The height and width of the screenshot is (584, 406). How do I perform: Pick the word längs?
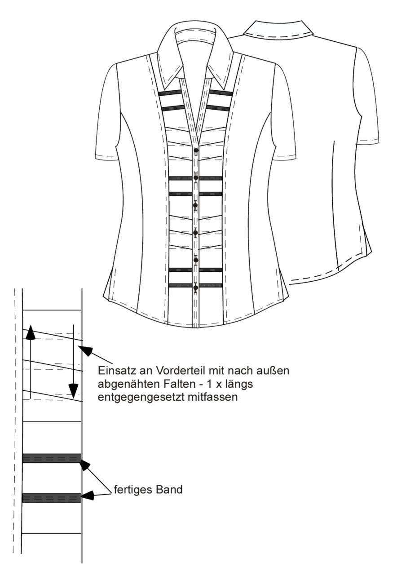pos(238,385)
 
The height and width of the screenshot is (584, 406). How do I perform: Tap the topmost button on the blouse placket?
pos(196,150)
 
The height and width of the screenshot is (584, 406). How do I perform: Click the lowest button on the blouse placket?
pos(196,288)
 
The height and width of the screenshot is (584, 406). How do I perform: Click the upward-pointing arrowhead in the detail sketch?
pos(31,333)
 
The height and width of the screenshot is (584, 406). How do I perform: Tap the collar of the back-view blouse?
pos(278,29)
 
